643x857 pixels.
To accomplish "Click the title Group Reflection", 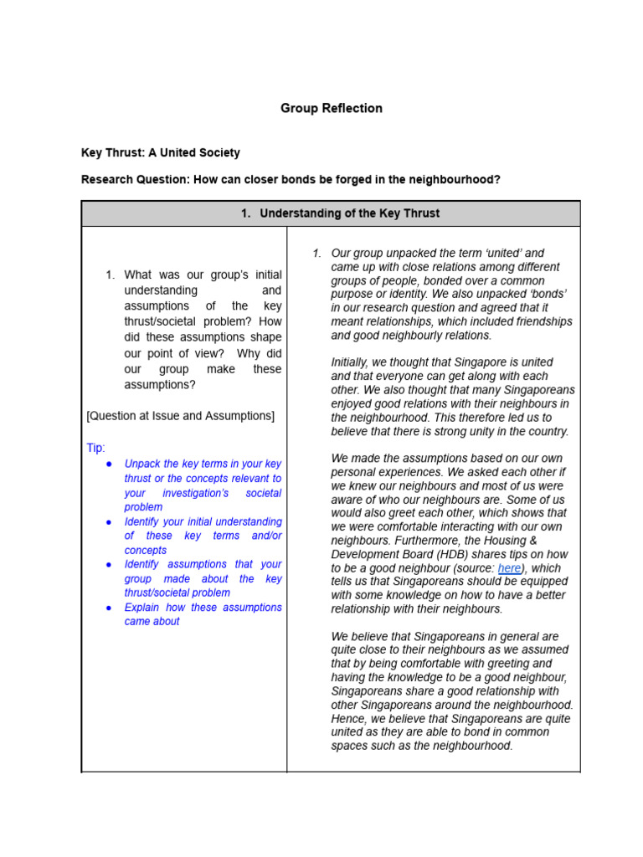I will coord(331,108).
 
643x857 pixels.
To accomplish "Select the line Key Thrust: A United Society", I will coord(160,152).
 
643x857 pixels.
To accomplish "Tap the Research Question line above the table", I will coord(291,179).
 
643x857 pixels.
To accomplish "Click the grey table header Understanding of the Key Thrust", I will coord(339,213).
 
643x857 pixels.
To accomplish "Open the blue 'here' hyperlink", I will coord(509,568).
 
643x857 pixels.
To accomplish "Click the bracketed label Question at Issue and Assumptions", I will coord(180,416).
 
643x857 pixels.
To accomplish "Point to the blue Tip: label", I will coord(95,448).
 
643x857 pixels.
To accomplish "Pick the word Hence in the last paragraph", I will coord(347,718).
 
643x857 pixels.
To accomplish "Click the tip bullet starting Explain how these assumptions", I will coord(203,614).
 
